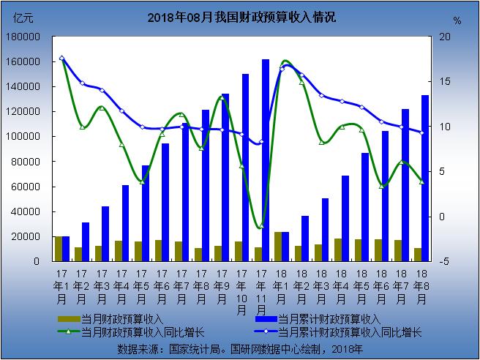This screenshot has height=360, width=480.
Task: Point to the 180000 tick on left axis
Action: point(26,37)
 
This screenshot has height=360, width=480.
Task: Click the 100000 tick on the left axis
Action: point(26,137)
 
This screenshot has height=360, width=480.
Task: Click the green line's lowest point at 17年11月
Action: point(261,227)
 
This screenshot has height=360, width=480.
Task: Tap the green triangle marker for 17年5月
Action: point(142,181)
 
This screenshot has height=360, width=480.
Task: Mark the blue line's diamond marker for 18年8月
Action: point(421,132)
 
